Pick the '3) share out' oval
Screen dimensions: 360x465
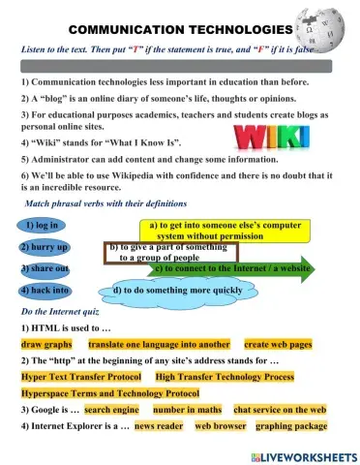43,267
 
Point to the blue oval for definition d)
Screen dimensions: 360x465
174,290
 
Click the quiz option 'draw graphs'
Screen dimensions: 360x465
47,344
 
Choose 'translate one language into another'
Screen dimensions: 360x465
159,344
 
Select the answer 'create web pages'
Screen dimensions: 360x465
278,344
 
